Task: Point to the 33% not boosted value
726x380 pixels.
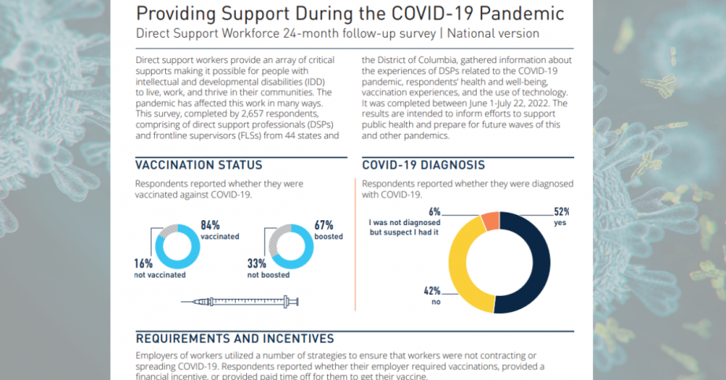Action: coord(257,264)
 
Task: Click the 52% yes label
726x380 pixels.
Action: coord(561,212)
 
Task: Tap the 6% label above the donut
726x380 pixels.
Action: coord(434,212)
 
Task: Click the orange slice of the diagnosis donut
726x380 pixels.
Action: coord(488,221)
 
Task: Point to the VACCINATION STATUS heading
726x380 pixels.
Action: coord(199,165)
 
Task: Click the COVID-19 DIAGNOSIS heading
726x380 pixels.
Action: coord(423,165)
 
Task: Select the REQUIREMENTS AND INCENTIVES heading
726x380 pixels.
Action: coord(235,339)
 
